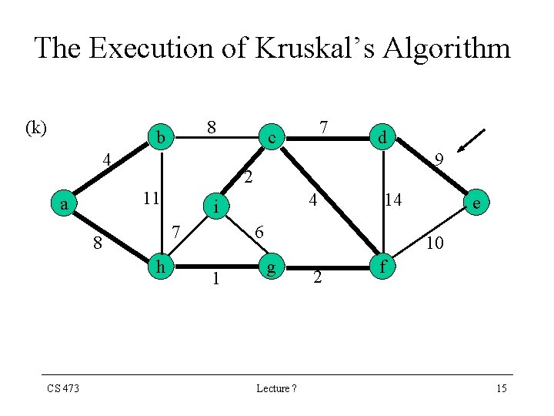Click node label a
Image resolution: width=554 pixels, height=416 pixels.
(x=65, y=204)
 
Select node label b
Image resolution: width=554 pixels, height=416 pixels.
(x=161, y=137)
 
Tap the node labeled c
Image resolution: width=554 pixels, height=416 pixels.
(x=271, y=138)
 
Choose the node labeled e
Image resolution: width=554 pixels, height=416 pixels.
(x=478, y=203)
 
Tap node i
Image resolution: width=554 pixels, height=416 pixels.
(x=218, y=206)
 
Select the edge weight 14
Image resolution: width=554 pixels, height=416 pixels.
(x=393, y=200)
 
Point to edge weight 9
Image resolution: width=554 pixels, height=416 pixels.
(x=438, y=161)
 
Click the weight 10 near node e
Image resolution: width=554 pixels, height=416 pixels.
(x=434, y=243)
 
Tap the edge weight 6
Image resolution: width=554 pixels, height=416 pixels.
(x=260, y=232)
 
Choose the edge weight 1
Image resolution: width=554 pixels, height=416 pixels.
(x=216, y=278)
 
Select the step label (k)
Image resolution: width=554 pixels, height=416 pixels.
(x=36, y=127)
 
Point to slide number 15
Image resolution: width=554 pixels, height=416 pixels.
(x=501, y=388)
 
